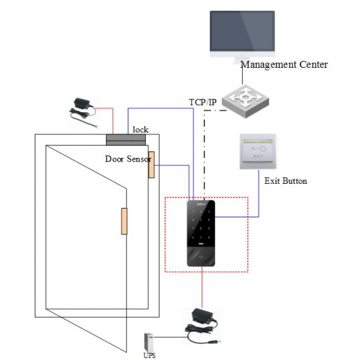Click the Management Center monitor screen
(x=242, y=31)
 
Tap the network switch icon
(x=245, y=101)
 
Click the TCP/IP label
(x=203, y=102)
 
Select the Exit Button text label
(x=286, y=181)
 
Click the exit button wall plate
(x=258, y=151)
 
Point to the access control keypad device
(x=201, y=233)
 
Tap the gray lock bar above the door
(x=126, y=140)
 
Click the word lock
(x=141, y=130)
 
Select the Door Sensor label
(x=128, y=159)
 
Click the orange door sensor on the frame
(x=151, y=165)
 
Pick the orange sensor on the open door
(x=124, y=221)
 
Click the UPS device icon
(x=149, y=342)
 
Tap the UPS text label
(x=150, y=356)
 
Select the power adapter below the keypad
(x=203, y=326)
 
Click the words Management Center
(x=284, y=65)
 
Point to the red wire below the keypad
(x=202, y=287)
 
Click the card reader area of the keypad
(x=201, y=257)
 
